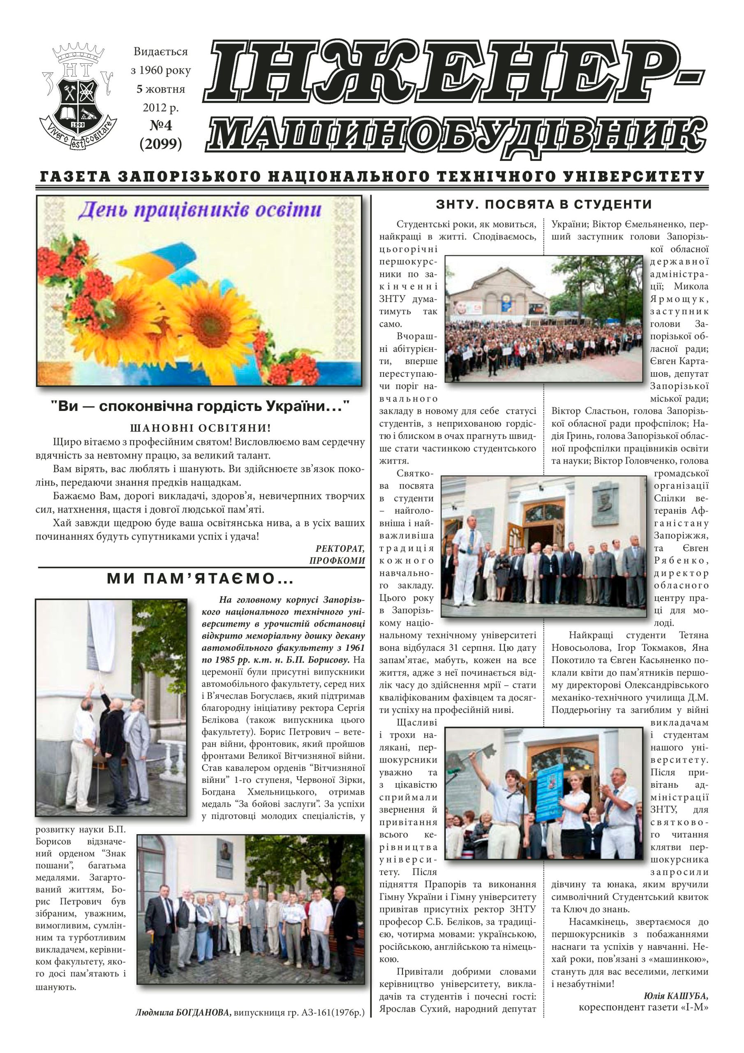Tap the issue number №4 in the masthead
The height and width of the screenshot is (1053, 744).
click(x=160, y=126)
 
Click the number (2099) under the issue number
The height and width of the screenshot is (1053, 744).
click(x=160, y=144)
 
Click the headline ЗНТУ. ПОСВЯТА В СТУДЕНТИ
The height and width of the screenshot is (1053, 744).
click(x=544, y=204)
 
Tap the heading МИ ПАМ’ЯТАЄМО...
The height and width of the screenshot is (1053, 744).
click(x=200, y=579)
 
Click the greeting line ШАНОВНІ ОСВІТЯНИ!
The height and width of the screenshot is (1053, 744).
click(x=201, y=428)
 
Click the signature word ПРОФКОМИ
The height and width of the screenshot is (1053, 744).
click(x=337, y=561)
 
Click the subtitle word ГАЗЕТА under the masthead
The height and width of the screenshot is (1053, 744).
click(x=75, y=176)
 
